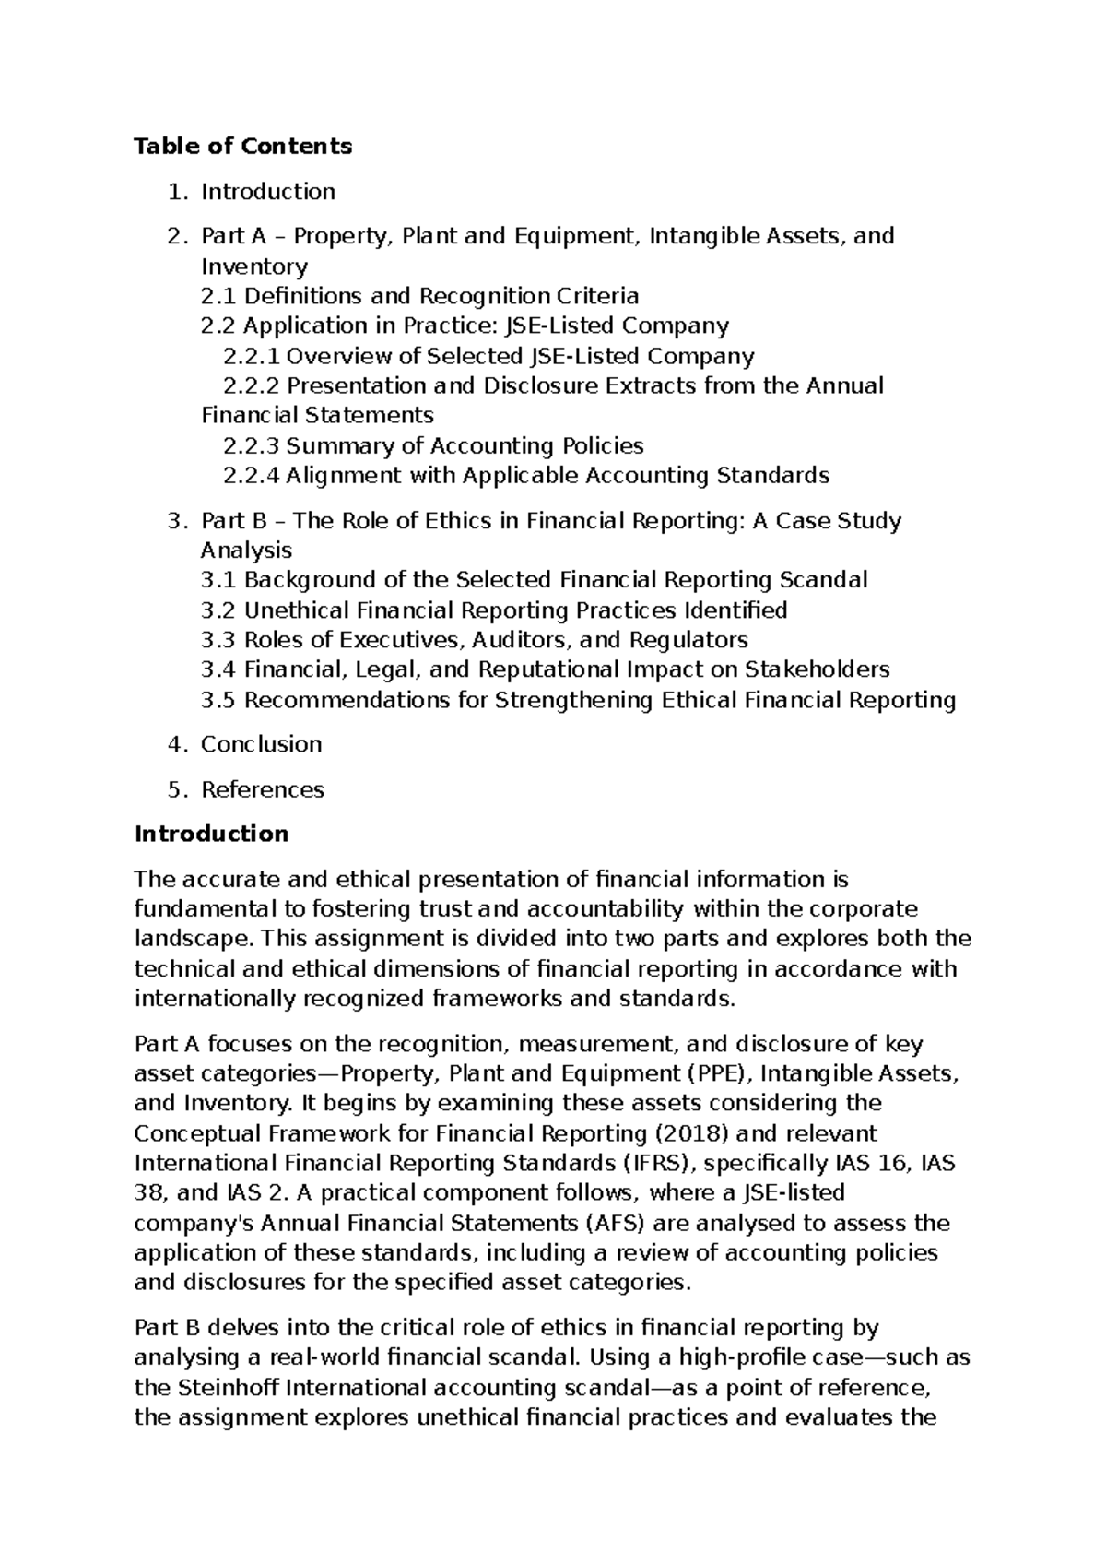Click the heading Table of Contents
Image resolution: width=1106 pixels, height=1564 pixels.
click(243, 146)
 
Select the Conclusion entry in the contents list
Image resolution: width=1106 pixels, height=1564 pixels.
click(261, 744)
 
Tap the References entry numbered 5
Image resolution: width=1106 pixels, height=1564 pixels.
click(263, 789)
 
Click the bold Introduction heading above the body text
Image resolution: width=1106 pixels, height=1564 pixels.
click(211, 834)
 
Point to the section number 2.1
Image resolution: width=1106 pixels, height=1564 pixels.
click(218, 296)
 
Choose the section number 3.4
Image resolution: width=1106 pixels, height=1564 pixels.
click(218, 669)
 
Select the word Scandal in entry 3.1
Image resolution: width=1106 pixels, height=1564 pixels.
click(823, 580)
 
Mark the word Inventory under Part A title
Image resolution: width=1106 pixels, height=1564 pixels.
click(254, 267)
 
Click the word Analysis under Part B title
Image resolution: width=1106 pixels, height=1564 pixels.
click(246, 551)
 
